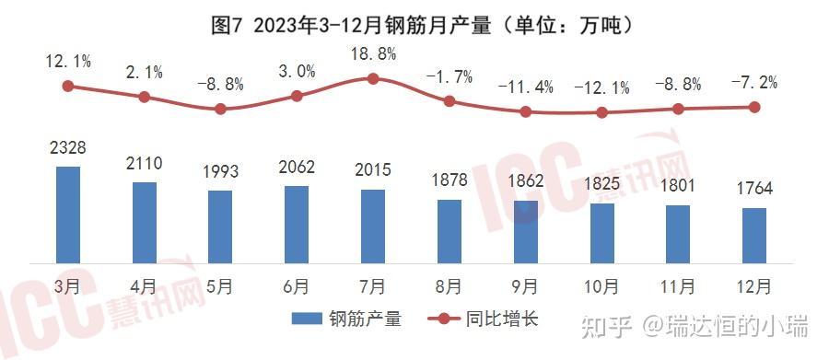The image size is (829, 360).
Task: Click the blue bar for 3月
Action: click(67, 215)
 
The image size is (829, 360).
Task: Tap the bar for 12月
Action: click(754, 235)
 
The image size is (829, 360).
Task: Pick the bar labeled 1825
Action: click(601, 232)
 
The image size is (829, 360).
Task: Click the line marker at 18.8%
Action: click(373, 78)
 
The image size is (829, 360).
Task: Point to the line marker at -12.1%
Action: click(601, 112)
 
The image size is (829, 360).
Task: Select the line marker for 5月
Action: click(220, 109)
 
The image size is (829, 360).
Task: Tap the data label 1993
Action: click(220, 173)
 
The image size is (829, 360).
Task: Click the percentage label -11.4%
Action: click(525, 87)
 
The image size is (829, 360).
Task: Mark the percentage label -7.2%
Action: click(754, 82)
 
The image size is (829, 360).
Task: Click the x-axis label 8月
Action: click(449, 285)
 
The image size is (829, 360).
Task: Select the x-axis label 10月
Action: click(601, 285)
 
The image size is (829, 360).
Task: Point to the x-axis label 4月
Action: click(144, 285)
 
